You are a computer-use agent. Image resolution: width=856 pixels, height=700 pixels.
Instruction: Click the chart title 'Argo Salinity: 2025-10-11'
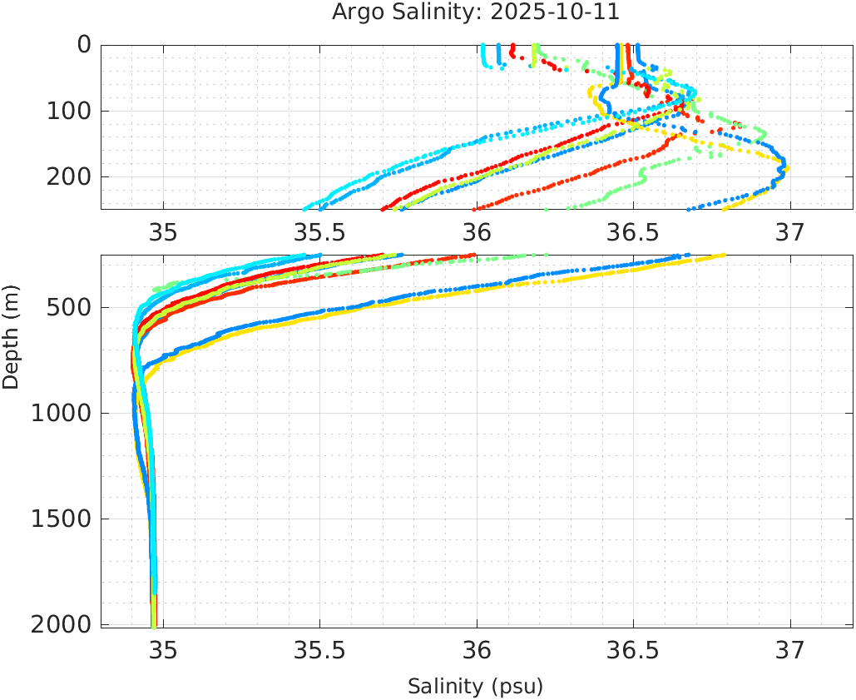pyautogui.click(x=476, y=12)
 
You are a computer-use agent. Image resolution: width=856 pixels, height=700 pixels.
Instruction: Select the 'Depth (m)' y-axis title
pyautogui.click(x=11, y=335)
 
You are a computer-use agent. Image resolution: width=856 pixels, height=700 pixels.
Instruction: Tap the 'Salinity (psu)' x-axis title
pyautogui.click(x=475, y=687)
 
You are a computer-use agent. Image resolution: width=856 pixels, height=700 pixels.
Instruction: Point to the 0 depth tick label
pyautogui.click(x=84, y=44)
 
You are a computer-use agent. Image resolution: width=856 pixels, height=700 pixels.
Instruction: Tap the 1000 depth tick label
pyautogui.click(x=61, y=414)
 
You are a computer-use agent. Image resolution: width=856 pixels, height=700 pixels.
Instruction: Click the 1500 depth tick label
pyautogui.click(x=61, y=519)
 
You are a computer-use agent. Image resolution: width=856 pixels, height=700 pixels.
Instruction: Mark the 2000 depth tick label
pyautogui.click(x=61, y=624)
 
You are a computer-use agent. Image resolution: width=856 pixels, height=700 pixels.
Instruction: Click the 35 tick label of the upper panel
pyautogui.click(x=163, y=231)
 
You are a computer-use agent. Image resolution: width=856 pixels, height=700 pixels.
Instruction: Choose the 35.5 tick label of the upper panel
pyautogui.click(x=319, y=231)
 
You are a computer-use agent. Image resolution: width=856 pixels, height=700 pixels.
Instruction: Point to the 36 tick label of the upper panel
pyautogui.click(x=477, y=231)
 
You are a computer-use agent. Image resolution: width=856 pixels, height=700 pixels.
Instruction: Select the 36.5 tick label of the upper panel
pyautogui.click(x=633, y=231)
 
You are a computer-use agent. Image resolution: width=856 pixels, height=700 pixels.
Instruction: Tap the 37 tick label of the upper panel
pyautogui.click(x=789, y=231)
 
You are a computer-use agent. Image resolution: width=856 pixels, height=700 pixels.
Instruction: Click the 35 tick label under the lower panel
pyautogui.click(x=163, y=649)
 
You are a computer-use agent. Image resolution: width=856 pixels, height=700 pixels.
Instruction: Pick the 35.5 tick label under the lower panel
pyautogui.click(x=319, y=649)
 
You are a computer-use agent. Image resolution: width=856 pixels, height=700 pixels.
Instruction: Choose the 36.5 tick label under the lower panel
pyautogui.click(x=633, y=649)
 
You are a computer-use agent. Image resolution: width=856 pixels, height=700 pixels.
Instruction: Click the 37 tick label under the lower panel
pyautogui.click(x=789, y=649)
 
